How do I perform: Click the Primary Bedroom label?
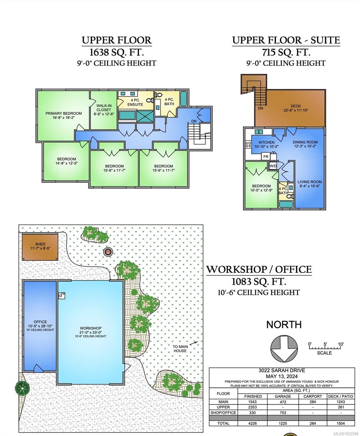(64, 113)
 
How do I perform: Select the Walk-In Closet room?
(104, 109)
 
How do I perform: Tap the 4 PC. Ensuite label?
(135, 102)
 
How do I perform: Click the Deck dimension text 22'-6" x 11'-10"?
(296, 110)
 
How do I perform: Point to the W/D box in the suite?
(272, 166)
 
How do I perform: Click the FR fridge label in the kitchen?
(266, 157)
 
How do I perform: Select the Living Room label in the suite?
(310, 182)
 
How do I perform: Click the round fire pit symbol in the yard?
(108, 251)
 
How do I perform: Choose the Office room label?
(40, 322)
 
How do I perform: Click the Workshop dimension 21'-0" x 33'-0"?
(90, 332)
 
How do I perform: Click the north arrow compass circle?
(284, 349)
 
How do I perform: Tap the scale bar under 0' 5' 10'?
(324, 348)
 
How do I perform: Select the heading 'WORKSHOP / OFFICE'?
(259, 270)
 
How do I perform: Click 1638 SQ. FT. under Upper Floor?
(116, 52)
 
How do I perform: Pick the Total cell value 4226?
(253, 423)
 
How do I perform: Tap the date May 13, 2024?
(282, 376)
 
